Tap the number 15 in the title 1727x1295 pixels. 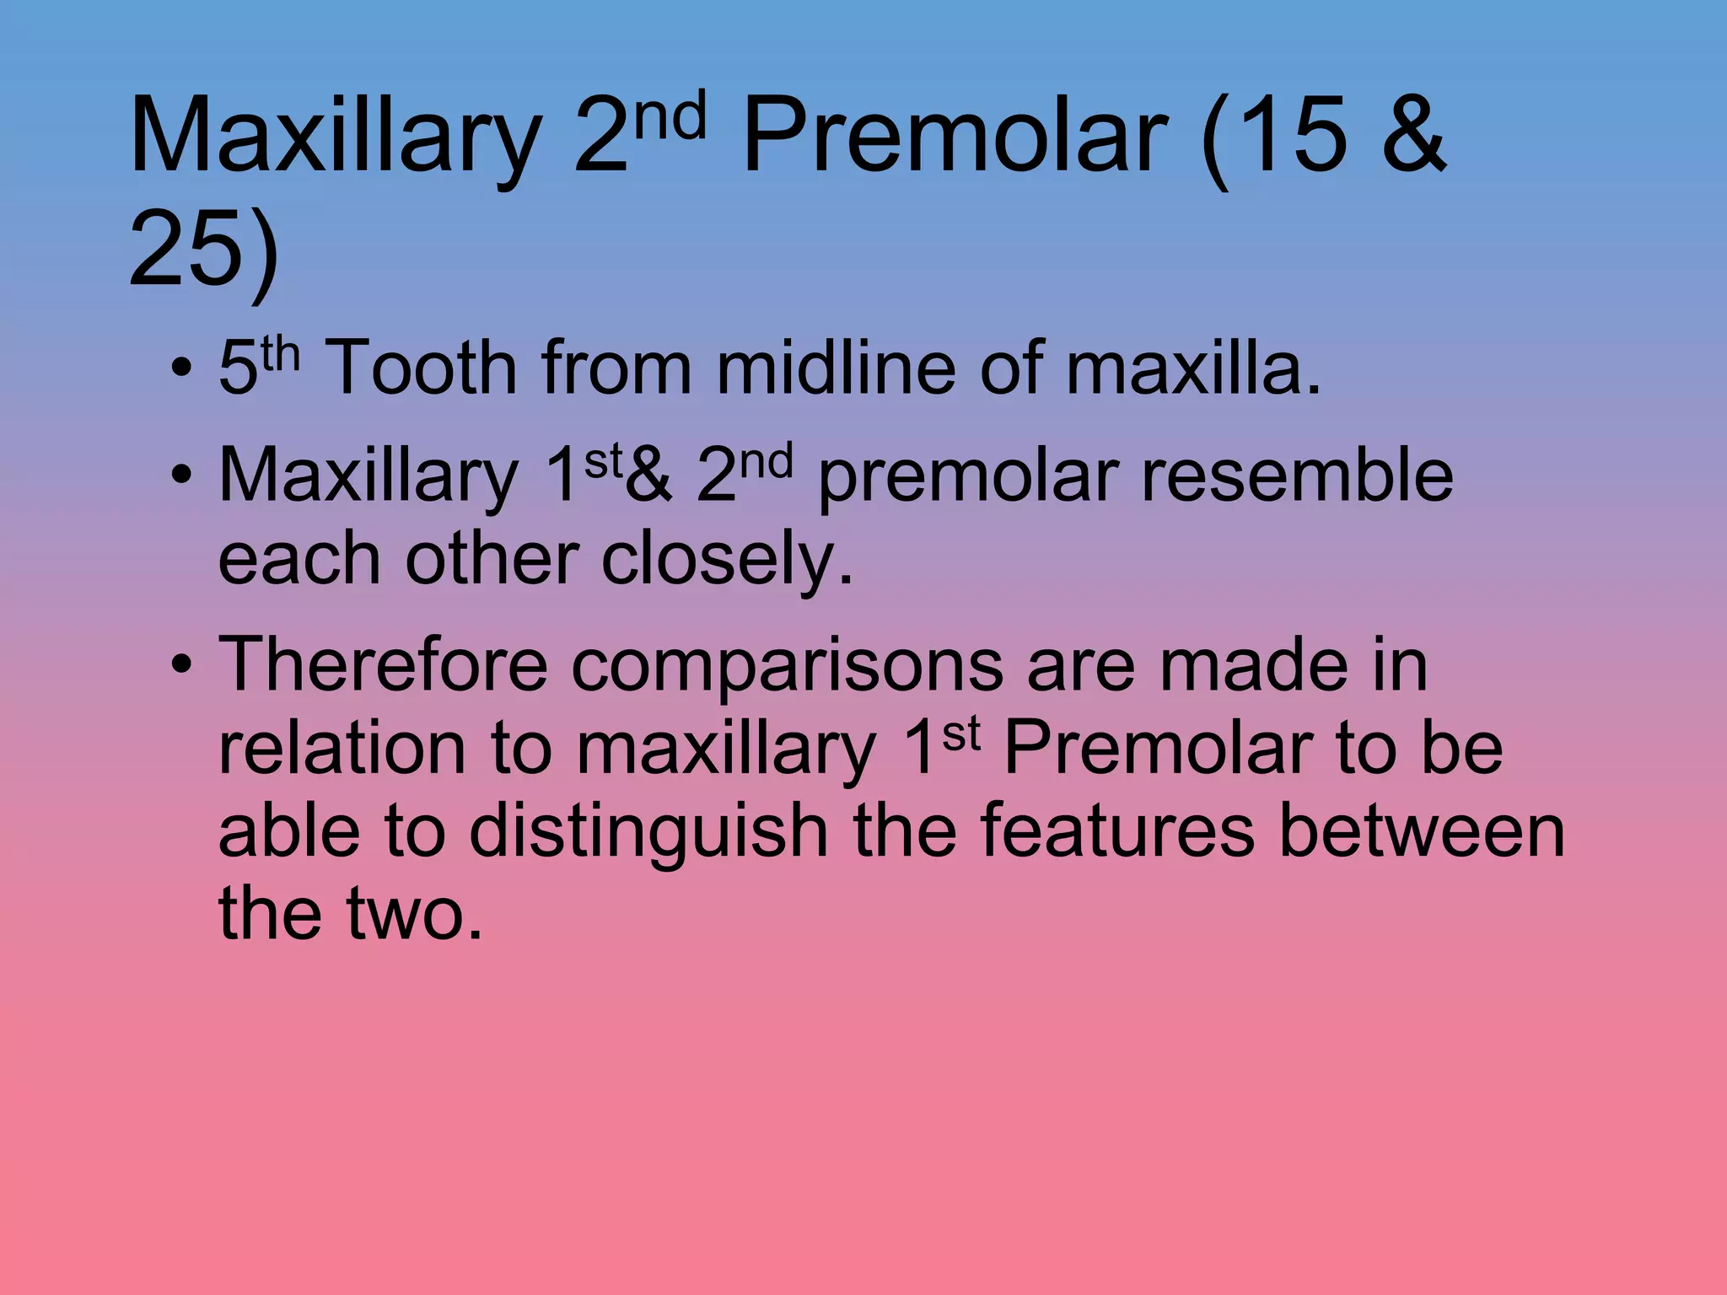[1282, 135]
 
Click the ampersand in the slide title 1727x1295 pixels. [1413, 135]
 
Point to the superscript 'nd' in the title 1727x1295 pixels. [670, 118]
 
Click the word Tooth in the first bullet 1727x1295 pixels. [421, 368]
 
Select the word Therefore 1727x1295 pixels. [384, 664]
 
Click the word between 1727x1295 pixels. [1422, 831]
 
